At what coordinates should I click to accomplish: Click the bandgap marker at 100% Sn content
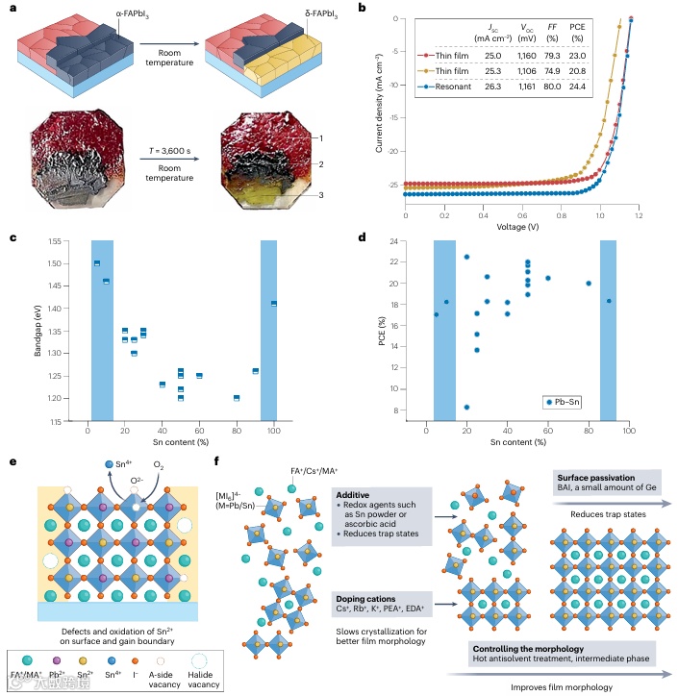(274, 304)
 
